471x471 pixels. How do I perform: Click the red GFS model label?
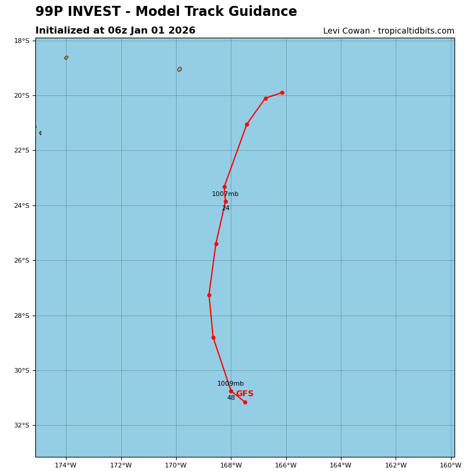click(244, 394)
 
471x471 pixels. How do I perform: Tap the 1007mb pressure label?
click(225, 194)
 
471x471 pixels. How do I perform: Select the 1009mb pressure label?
click(230, 384)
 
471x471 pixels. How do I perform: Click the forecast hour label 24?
click(225, 208)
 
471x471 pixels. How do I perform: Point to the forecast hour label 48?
click(231, 398)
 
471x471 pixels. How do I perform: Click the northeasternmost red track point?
click(282, 92)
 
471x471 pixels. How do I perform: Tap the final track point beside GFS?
click(245, 402)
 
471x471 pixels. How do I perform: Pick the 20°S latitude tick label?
click(22, 95)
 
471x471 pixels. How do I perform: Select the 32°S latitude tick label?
click(22, 426)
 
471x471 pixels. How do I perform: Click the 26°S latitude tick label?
click(22, 261)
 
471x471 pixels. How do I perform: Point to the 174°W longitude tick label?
click(65, 465)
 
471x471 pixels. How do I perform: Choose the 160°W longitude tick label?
click(450, 465)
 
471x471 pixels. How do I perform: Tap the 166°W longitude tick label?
click(286, 465)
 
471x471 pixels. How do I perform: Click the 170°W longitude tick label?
click(175, 465)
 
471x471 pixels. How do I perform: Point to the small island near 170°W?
click(180, 69)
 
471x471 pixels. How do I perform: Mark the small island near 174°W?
click(66, 58)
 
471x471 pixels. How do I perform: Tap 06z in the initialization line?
click(118, 31)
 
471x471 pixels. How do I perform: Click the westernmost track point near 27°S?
click(209, 295)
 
